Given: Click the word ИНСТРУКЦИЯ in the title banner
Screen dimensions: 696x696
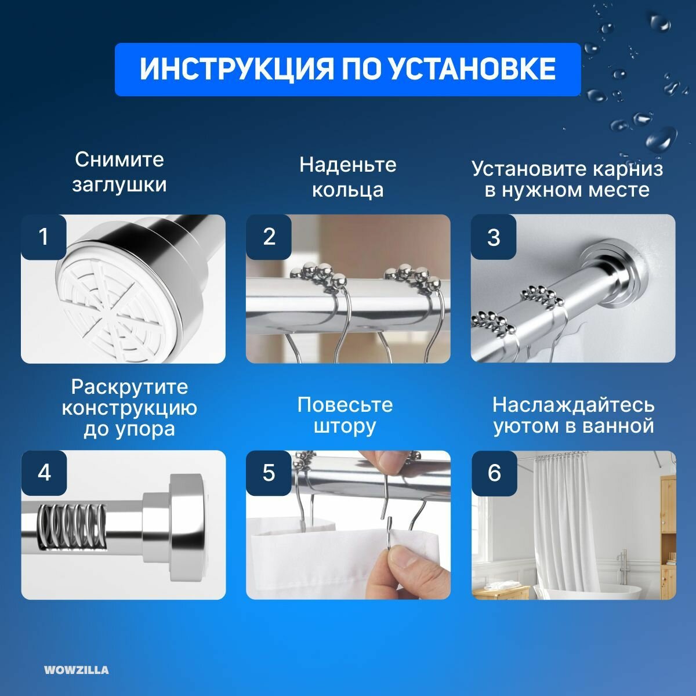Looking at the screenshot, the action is coord(237,70).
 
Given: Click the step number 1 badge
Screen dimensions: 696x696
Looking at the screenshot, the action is coord(43,237).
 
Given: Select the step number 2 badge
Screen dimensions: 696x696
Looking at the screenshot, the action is coord(269,237).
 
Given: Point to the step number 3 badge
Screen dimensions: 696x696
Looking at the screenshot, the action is coord(494,237).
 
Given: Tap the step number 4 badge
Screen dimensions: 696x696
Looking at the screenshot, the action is coord(44,473).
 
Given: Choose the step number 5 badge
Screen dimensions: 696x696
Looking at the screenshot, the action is coord(269,473).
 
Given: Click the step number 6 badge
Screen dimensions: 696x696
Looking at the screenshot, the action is coord(495,473).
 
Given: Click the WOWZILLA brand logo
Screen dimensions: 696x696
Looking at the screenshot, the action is coord(76,670).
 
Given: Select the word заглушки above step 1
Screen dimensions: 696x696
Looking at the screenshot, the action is coord(119,185).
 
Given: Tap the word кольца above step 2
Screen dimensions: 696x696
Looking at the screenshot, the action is coord(348,191).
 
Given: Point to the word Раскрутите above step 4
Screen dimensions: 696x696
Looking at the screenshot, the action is coord(129,388).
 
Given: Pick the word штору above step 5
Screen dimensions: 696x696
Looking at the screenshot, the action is coord(345,427).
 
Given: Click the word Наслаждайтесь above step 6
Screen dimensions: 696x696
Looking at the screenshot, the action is coord(574,405).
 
